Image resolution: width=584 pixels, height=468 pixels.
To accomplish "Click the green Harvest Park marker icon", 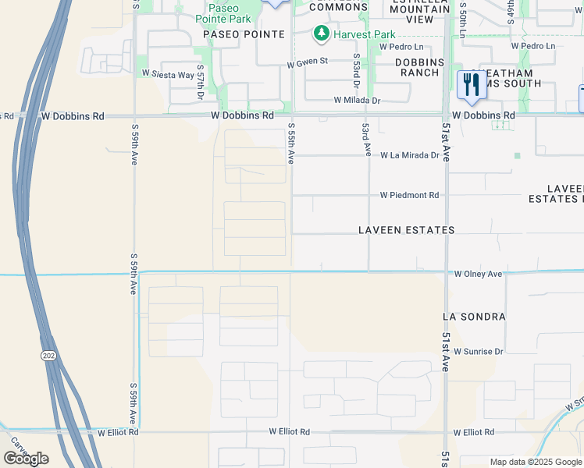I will coord(321,34).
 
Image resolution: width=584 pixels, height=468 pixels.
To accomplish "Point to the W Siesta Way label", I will coord(167,75).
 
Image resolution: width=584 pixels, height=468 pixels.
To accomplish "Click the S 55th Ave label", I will coord(290,143).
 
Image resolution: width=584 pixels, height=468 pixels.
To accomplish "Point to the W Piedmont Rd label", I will coord(410,195).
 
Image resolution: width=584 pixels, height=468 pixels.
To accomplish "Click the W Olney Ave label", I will coord(479,275).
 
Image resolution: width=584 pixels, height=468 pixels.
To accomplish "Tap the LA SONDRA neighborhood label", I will coord(474,317).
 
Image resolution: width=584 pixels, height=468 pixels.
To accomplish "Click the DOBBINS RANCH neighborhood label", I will coord(418,67).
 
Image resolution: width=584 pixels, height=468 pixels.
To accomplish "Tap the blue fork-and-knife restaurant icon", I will coord(471,84).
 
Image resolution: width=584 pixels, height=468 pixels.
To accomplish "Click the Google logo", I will coord(26,459).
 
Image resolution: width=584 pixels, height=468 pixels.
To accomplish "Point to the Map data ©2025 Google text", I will coord(535,462).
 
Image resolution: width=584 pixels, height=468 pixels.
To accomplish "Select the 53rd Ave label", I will coord(365,141).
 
